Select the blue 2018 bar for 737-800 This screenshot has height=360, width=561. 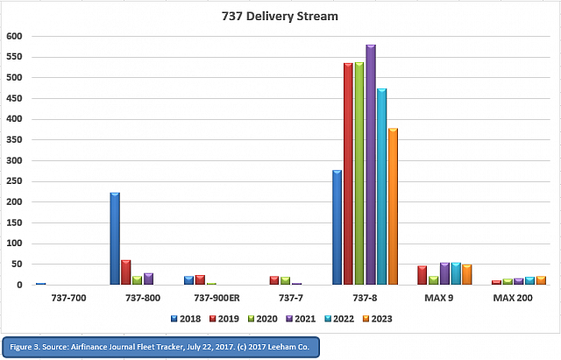114,238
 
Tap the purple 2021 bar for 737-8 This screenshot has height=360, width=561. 371,165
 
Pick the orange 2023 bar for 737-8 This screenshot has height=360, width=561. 393,207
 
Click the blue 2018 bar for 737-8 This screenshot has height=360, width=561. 337,228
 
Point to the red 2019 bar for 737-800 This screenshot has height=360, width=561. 125,272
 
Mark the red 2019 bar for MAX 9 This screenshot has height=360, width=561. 422,275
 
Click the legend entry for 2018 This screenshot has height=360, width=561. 185,318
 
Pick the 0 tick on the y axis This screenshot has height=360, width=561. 20,285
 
